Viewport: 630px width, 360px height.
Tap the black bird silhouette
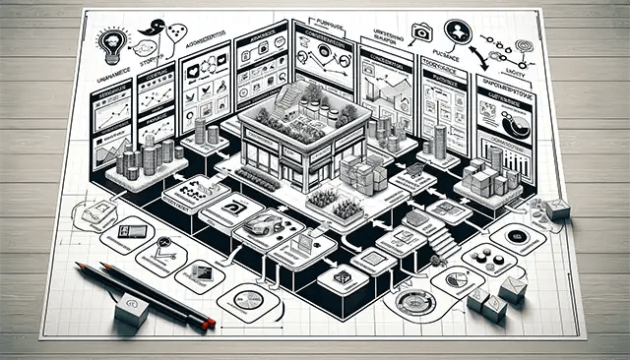pos(151,30)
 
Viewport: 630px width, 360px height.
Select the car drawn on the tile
pos(261,225)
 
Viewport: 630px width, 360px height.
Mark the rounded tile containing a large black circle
pos(516,236)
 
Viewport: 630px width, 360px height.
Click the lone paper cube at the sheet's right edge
pos(557,208)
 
